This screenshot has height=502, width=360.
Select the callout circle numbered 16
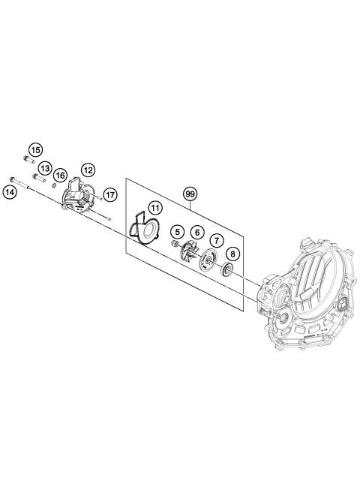(x=61, y=175)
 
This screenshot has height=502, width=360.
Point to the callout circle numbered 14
(x=10, y=192)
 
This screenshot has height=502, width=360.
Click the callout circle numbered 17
(x=110, y=194)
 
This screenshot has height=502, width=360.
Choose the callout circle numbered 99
(x=190, y=194)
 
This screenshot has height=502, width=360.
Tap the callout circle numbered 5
(x=177, y=232)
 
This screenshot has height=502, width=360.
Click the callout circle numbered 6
(x=195, y=233)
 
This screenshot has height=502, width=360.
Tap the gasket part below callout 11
(x=142, y=229)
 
